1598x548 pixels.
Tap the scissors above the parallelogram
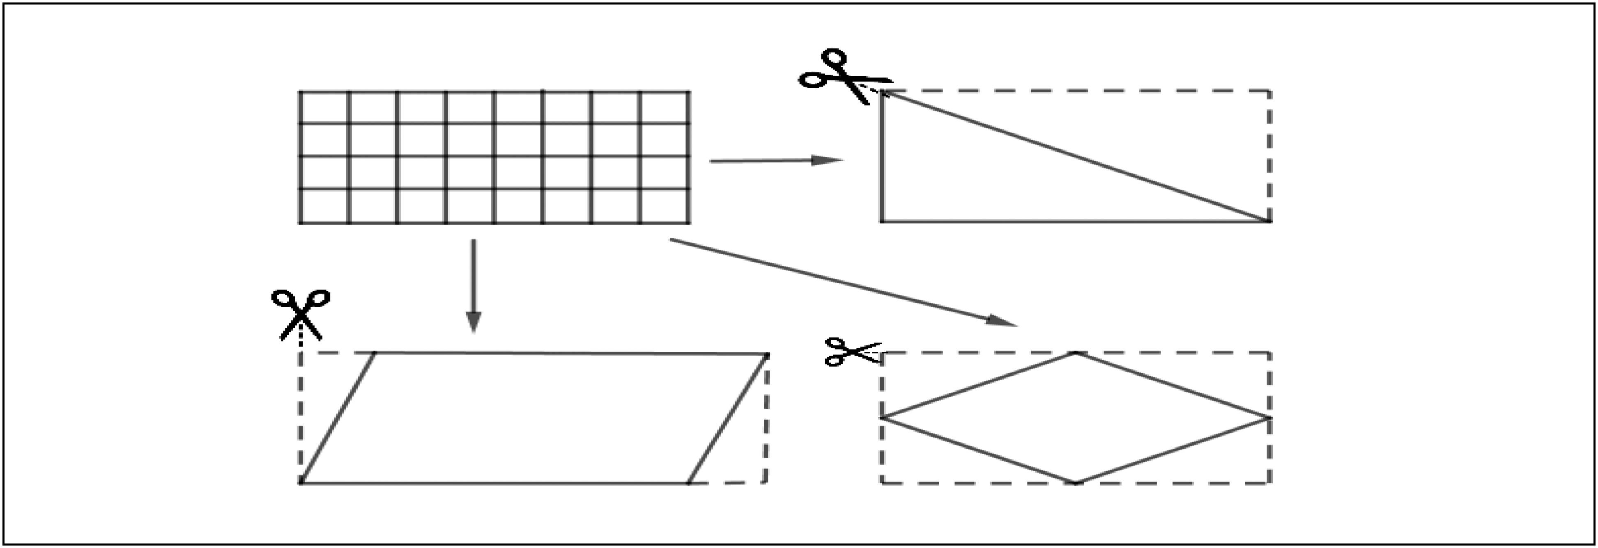(301, 313)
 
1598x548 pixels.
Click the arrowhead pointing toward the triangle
(828, 160)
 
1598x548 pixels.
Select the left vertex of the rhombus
(881, 417)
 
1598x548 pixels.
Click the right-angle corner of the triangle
(881, 221)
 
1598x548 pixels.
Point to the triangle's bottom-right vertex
(1269, 221)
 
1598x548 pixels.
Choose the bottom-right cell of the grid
(664, 205)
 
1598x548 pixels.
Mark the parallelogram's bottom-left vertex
(301, 482)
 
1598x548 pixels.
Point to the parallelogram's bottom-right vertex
(688, 482)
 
